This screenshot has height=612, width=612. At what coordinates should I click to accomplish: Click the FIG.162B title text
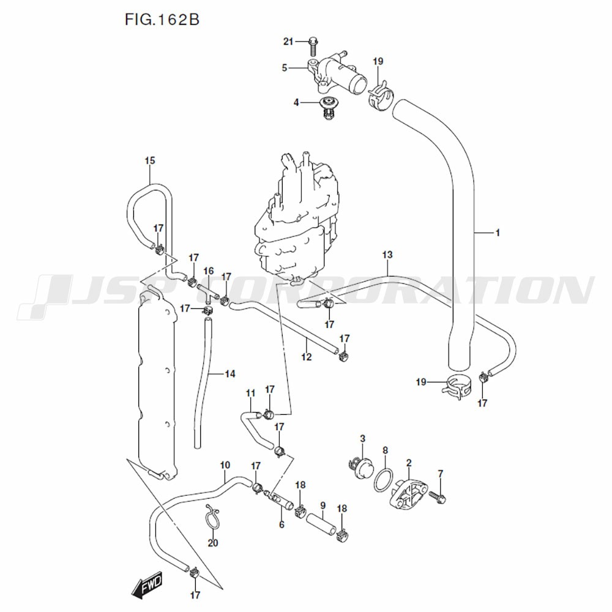(162, 19)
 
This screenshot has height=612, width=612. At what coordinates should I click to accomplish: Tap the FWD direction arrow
(146, 589)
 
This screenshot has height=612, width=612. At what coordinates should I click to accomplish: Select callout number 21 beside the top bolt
(289, 42)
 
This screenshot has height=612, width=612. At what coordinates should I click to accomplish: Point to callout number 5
(284, 68)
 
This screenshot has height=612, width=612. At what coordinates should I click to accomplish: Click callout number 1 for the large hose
(498, 233)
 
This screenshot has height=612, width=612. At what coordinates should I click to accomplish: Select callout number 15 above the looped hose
(150, 161)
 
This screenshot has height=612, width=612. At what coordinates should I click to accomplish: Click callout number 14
(230, 373)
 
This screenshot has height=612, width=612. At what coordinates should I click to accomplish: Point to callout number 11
(250, 392)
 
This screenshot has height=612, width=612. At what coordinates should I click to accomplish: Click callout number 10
(225, 465)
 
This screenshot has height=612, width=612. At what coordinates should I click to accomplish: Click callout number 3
(362, 438)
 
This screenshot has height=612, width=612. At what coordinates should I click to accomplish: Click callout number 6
(282, 524)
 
